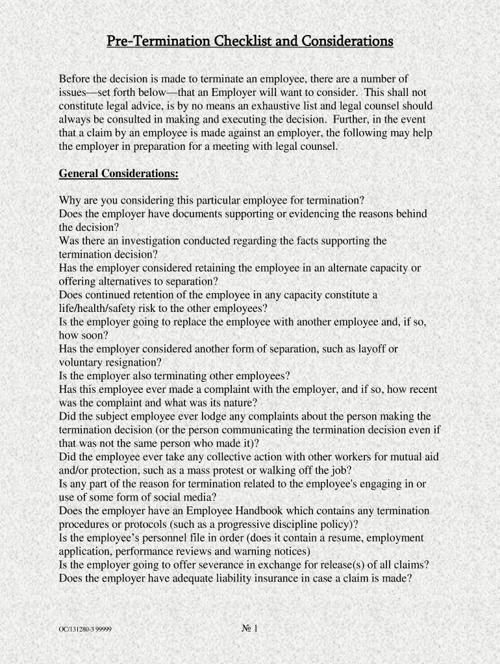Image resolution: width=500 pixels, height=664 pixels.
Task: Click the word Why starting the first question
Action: tap(70, 200)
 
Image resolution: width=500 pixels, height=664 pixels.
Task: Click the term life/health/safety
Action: tap(106, 309)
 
